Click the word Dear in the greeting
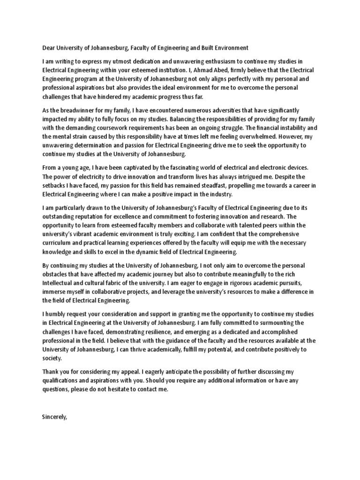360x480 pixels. point(49,47)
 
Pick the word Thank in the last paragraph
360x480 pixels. point(51,371)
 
